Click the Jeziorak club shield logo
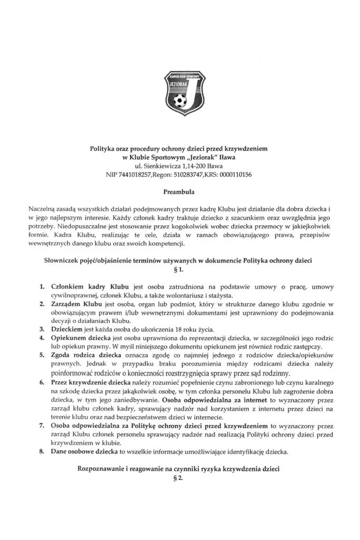tap(180, 93)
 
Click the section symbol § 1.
tap(180, 271)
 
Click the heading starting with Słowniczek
tap(180, 262)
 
